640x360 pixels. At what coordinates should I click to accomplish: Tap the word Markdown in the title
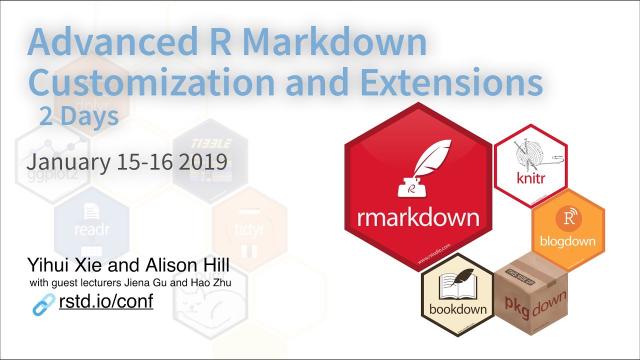(336, 42)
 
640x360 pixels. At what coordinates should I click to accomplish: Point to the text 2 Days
(79, 116)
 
